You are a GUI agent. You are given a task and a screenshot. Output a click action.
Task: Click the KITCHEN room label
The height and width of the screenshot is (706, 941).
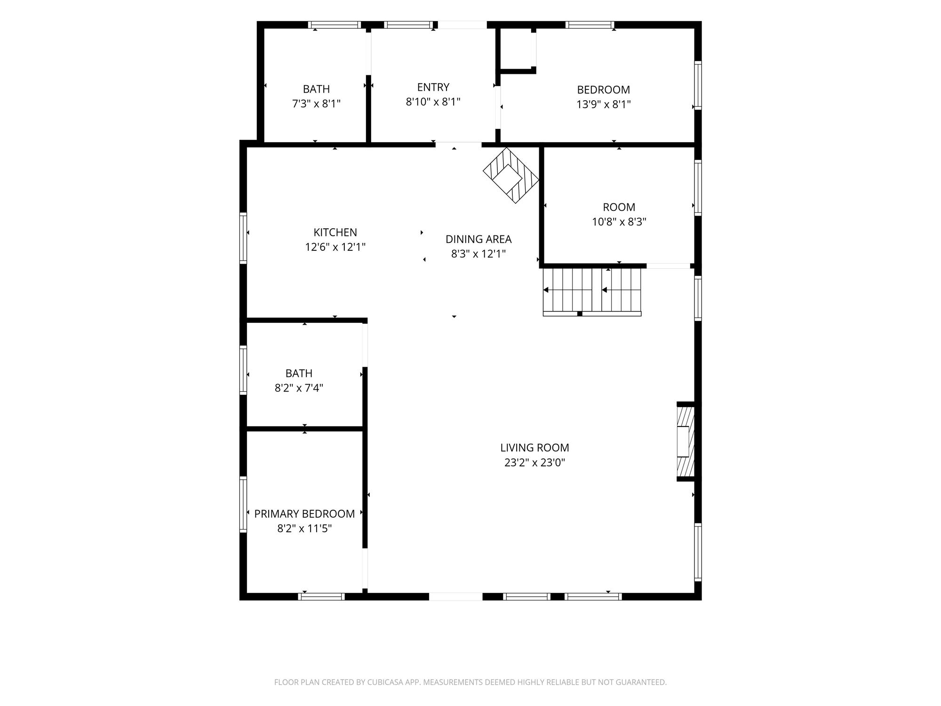coord(335,232)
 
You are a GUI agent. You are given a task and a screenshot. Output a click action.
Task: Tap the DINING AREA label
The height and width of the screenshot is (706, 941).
coord(478,239)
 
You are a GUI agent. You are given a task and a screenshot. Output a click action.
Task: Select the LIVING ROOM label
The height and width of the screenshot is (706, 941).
coord(534,448)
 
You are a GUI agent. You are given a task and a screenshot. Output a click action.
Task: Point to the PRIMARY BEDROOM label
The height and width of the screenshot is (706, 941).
coord(304,513)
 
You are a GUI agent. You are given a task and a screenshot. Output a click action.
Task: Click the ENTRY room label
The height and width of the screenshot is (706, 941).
coord(433,87)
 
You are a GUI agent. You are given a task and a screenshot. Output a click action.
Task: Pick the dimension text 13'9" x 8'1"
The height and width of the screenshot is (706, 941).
coord(604,104)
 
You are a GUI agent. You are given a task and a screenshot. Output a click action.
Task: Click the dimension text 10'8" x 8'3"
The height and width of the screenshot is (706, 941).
coord(619,222)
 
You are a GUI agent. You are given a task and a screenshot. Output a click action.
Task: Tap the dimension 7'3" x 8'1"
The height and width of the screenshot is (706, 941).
coord(316,104)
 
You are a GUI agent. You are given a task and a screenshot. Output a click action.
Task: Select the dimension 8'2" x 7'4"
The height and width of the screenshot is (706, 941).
coord(299,388)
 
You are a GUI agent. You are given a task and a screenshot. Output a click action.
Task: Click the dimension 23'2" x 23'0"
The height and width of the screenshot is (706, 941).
coord(534,462)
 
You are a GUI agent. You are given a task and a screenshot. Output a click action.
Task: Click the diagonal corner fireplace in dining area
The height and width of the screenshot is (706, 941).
coord(511,176)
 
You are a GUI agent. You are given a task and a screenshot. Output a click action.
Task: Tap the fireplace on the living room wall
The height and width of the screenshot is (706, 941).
coord(686,441)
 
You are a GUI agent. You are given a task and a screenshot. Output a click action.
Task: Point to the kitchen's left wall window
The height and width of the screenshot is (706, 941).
coord(243,238)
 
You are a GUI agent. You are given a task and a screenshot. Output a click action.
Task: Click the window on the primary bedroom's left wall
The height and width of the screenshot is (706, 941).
coord(243,504)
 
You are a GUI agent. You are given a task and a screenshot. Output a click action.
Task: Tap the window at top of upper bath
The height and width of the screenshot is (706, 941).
coord(335,25)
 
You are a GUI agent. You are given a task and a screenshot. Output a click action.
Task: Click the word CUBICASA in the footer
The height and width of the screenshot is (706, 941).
coord(387,682)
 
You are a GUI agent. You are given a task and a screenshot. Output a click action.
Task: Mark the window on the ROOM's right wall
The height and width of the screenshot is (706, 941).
coord(698,188)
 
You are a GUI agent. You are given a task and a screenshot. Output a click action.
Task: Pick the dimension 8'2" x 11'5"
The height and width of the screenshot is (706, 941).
coord(304,528)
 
